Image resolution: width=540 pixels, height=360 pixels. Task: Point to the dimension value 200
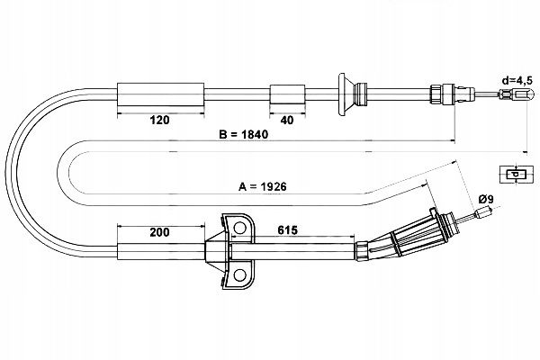coord(159,232)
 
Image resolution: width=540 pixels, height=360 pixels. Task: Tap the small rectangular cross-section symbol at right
coord(513,174)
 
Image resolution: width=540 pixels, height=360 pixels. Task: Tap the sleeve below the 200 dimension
coord(162,251)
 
